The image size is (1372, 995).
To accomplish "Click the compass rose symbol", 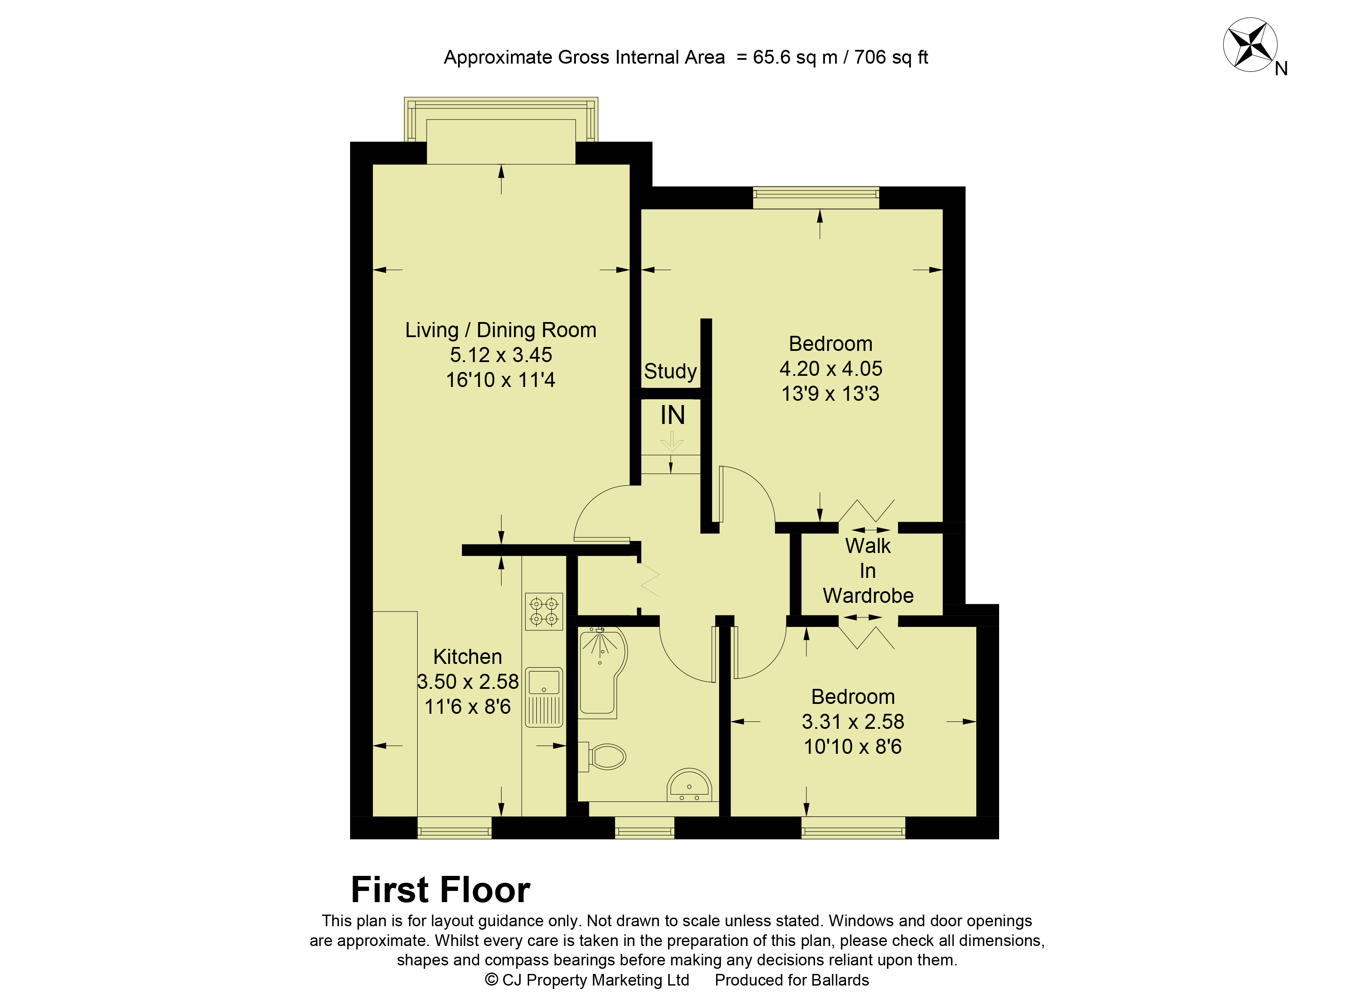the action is coord(1250,44).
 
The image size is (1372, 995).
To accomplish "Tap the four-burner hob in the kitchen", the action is coord(544,611).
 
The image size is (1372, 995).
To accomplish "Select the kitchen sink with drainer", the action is coord(544,697).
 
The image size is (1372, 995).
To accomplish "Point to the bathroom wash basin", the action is coord(689,785).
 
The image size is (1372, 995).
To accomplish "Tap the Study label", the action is coord(670,371).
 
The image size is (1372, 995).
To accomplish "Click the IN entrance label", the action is coord(673,415).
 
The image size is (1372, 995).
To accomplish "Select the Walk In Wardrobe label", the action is coord(868,571).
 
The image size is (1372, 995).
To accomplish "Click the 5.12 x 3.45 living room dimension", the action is coord(501,355).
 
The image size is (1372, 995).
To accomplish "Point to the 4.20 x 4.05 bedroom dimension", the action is coord(831,369).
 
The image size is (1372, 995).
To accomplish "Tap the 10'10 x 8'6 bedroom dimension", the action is coord(853,746).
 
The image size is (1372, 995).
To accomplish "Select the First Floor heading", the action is coord(440,890).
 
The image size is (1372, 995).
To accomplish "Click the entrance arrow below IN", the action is coord(671,441).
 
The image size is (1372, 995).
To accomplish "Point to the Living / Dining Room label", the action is coord(501,330).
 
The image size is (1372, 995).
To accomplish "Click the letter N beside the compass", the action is coord(1281,69).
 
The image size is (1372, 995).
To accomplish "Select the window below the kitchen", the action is coord(454,827).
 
